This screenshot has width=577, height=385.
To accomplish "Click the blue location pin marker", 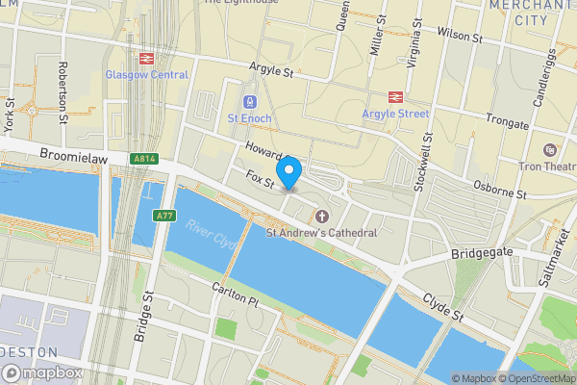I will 289,171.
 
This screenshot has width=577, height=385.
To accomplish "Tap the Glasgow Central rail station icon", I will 147,59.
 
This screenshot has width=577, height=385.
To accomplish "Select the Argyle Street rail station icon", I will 394,96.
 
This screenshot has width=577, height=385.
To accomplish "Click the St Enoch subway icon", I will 250,101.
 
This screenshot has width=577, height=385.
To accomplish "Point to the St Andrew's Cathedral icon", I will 321,216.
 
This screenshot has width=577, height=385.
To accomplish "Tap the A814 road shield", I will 145,159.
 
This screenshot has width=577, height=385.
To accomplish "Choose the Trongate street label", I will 508,124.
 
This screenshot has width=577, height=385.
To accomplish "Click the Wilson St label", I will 459,36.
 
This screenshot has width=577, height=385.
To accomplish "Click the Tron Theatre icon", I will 549,151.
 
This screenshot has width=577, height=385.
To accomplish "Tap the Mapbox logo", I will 43,372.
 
